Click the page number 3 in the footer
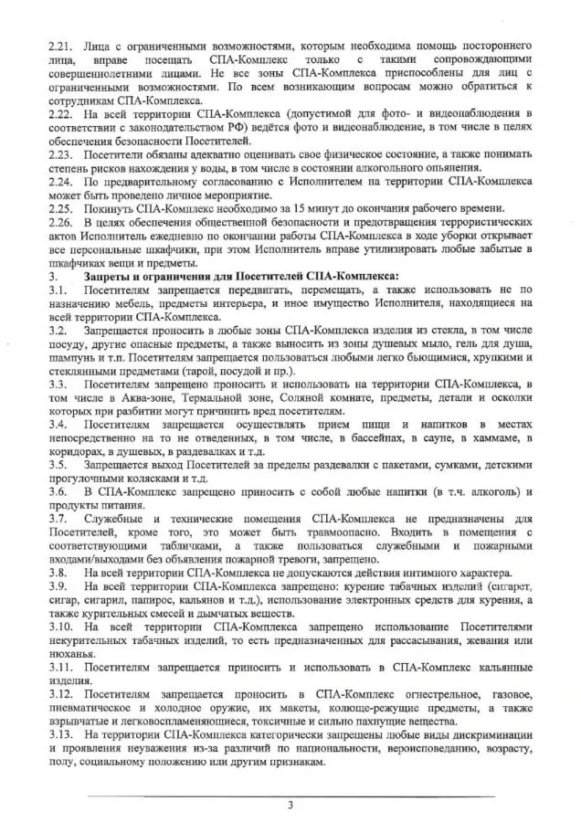pyautogui.click(x=290, y=805)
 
